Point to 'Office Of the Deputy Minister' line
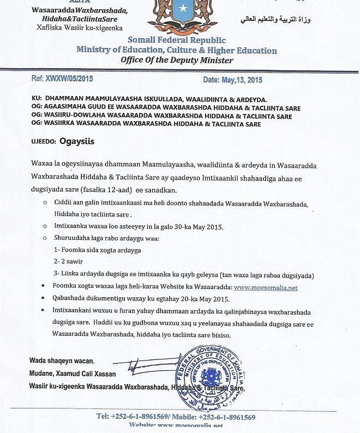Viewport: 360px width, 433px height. [x=177, y=60]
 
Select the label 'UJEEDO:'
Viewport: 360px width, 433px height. [x=43, y=141]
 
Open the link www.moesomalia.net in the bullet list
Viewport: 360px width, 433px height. [x=266, y=287]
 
